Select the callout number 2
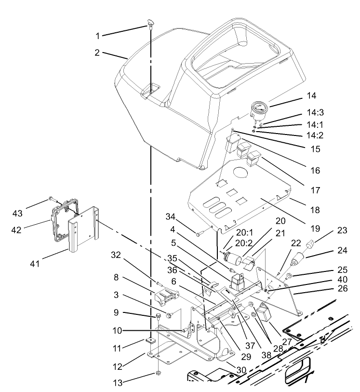coord(97,53)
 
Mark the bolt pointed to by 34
coord(200,233)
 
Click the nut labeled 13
coord(157,374)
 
